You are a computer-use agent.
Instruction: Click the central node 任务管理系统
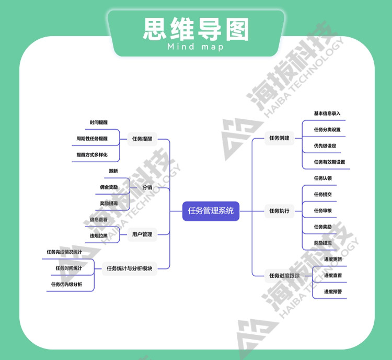pyautogui.click(x=211, y=211)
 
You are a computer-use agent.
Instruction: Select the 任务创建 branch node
pyautogui.click(x=279, y=138)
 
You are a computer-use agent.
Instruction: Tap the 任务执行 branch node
pyautogui.click(x=279, y=211)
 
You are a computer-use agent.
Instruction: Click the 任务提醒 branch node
pyautogui.click(x=142, y=139)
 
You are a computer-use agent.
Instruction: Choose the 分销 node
pyautogui.click(x=147, y=187)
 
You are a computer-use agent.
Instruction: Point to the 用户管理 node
pyautogui.click(x=142, y=234)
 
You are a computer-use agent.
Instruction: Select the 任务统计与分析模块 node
pyautogui.click(x=129, y=268)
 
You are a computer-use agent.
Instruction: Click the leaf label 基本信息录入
pyautogui.click(x=327, y=114)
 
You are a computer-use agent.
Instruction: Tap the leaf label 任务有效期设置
pyautogui.click(x=329, y=162)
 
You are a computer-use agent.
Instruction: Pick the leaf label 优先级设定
pyautogui.click(x=325, y=146)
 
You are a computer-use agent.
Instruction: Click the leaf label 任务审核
pyautogui.click(x=322, y=211)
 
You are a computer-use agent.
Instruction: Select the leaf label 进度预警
pyautogui.click(x=333, y=291)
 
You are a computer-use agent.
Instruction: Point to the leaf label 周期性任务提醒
pyautogui.click(x=92, y=139)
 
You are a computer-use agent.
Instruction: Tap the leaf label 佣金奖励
pyautogui.click(x=109, y=187)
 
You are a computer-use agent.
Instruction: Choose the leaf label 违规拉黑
pyautogui.click(x=98, y=236)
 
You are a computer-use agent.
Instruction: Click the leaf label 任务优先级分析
pyautogui.click(x=66, y=284)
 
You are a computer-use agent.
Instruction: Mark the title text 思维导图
pyautogui.click(x=196, y=30)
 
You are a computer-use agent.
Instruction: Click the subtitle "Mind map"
pyautogui.click(x=196, y=47)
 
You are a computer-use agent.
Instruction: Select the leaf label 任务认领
pyautogui.click(x=322, y=178)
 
